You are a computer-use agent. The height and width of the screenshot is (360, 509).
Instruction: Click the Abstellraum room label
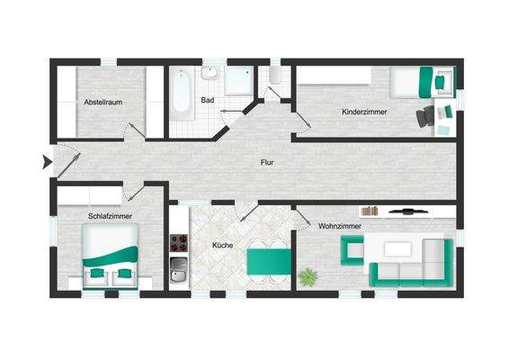click(103, 103)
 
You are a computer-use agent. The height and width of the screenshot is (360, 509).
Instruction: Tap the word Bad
click(207, 100)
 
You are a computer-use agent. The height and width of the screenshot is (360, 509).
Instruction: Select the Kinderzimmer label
click(363, 112)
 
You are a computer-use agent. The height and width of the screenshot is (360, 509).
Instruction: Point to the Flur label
click(266, 163)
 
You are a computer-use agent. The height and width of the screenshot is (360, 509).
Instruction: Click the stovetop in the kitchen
click(179, 242)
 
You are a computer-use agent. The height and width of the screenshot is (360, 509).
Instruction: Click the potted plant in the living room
click(311, 275)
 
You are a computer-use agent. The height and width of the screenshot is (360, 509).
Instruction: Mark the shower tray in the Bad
click(238, 82)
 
